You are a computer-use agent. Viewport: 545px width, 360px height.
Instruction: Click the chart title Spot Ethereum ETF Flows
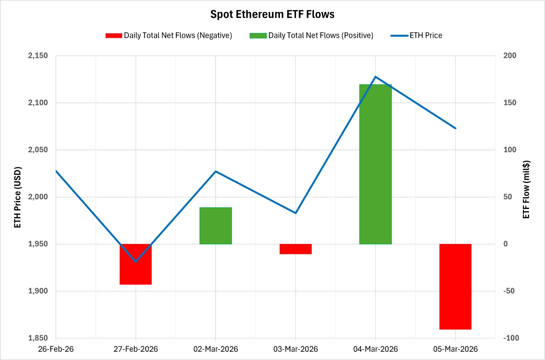click(x=272, y=14)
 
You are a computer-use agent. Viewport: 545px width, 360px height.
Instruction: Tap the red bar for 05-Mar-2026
click(x=455, y=286)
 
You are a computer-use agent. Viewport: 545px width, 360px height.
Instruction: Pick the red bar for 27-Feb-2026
click(x=136, y=272)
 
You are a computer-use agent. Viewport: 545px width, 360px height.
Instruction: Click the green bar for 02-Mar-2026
click(x=216, y=225)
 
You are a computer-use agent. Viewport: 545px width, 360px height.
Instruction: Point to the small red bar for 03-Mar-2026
click(x=295, y=249)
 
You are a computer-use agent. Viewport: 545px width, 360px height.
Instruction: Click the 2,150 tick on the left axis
click(x=38, y=56)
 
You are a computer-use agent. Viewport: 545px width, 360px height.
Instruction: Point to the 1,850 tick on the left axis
click(x=38, y=338)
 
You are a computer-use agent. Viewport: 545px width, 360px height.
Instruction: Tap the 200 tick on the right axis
click(x=510, y=56)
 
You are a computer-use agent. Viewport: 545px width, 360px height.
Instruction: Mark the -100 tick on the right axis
click(x=511, y=338)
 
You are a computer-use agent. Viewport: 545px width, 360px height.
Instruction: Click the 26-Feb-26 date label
click(x=56, y=349)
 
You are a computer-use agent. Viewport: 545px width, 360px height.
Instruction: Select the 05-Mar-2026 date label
click(x=455, y=349)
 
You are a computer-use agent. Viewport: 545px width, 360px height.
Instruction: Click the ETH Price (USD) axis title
click(x=18, y=197)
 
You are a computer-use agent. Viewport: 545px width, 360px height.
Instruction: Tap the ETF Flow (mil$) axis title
click(x=526, y=189)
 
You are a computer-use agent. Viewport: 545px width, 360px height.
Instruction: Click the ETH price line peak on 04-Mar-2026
click(x=375, y=77)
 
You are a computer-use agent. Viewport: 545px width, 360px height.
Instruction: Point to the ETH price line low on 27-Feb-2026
click(x=136, y=262)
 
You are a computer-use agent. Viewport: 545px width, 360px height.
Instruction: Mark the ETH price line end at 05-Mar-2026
click(x=455, y=128)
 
